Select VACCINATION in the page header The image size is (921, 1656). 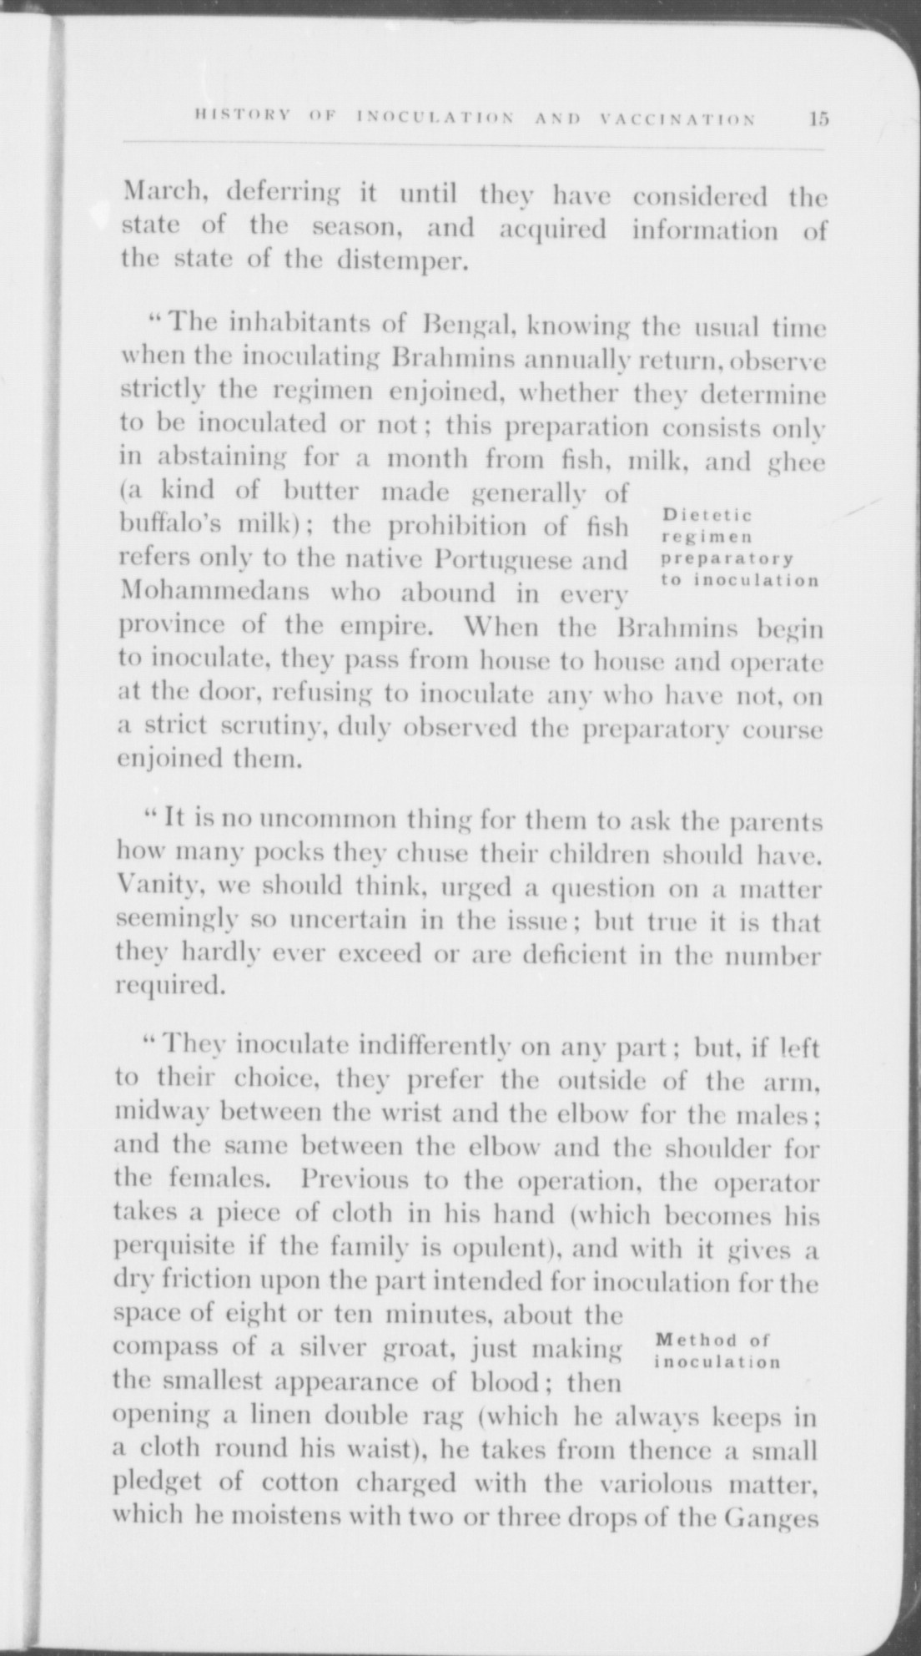tap(677, 119)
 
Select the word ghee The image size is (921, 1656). tap(793, 461)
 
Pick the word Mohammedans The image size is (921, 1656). tap(215, 592)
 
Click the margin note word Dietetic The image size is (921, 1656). tap(708, 515)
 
